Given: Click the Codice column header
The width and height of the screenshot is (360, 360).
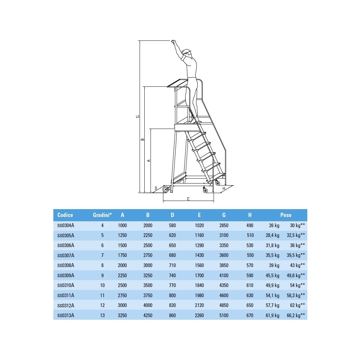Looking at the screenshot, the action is pos(65,215).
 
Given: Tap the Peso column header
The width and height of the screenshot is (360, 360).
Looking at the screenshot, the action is pos(286,215).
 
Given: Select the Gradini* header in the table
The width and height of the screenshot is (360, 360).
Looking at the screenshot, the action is pos(102,215).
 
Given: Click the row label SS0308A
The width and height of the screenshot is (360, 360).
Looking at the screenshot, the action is pos(66,265).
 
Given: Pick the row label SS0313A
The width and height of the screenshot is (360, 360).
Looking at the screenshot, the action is pos(66,315).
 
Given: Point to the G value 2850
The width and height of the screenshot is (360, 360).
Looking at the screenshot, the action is pos(224,225).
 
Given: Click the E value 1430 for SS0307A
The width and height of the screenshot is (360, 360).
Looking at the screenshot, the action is pos(199,255).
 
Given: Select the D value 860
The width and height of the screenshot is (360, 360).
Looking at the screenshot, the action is pos(172,315).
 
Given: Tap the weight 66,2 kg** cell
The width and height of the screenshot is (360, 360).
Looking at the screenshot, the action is pos(296,315).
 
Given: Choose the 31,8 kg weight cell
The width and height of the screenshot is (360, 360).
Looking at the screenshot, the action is pos(273,245).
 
